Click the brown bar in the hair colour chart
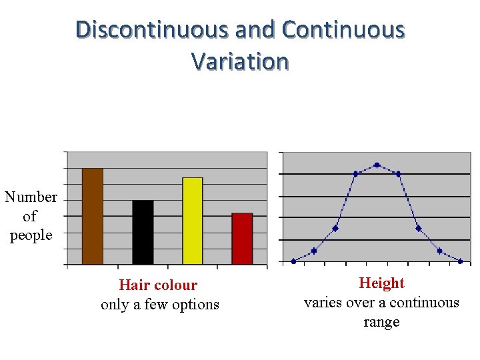[x=92, y=216]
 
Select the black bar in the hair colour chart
[x=143, y=232]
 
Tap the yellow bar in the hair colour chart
[x=192, y=221]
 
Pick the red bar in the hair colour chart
[x=242, y=239]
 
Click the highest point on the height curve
[x=377, y=165]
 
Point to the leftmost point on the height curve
[x=293, y=261]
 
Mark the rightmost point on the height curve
[x=460, y=261]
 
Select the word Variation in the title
[x=240, y=61]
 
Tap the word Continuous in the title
[x=343, y=30]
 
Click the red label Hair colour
[x=158, y=285]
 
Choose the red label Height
[x=381, y=283]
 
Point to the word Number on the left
[x=31, y=197]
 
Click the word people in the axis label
[x=31, y=235]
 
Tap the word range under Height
[x=381, y=322]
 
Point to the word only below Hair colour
[x=115, y=305]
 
